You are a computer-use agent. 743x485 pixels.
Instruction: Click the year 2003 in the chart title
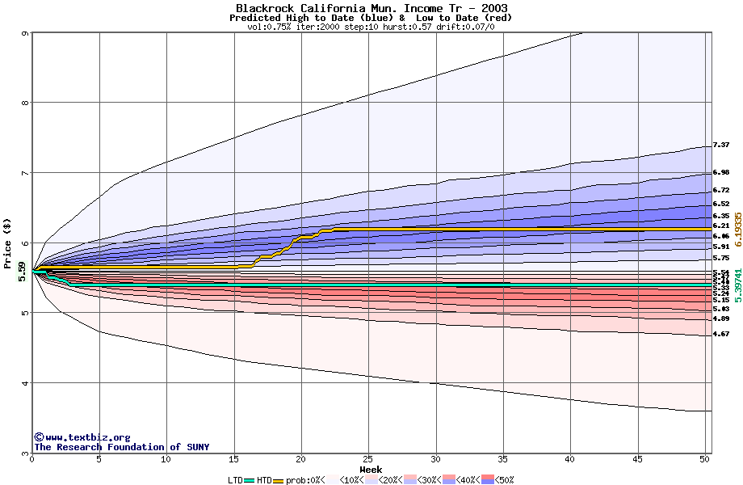[x=493, y=8]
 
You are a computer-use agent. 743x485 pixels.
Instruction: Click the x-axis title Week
[x=371, y=469]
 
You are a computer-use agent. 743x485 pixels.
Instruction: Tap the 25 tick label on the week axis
[x=368, y=459]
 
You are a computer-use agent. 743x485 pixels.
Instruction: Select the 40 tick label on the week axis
[x=569, y=459]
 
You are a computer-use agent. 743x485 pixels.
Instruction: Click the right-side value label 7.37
[x=721, y=145]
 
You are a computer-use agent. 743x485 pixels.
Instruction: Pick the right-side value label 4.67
[x=721, y=334]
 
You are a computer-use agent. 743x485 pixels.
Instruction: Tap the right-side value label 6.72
[x=721, y=190]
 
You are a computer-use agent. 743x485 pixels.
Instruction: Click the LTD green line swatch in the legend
[x=250, y=480]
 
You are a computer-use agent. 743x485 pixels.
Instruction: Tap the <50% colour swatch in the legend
[x=487, y=480]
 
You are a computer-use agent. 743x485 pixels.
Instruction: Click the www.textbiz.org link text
[x=87, y=437]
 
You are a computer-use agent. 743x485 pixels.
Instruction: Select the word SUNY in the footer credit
[x=197, y=447]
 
